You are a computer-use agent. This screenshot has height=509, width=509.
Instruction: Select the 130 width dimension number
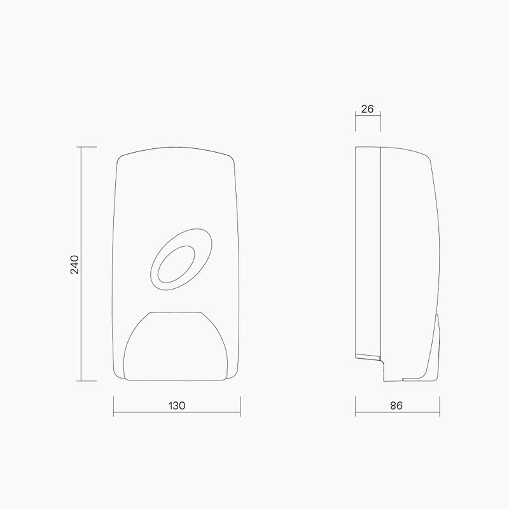178,405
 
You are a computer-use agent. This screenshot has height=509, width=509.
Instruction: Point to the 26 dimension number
367,109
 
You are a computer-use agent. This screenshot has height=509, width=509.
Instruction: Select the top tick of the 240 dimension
87,147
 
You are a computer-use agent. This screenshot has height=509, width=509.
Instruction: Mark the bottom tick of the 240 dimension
87,381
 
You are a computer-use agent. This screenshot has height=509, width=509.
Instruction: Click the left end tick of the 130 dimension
113,406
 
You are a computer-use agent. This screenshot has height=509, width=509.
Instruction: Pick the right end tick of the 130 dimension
240,406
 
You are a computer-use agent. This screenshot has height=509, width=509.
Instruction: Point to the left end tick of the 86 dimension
354,406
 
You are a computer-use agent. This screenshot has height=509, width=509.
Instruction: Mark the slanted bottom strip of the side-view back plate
367,356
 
